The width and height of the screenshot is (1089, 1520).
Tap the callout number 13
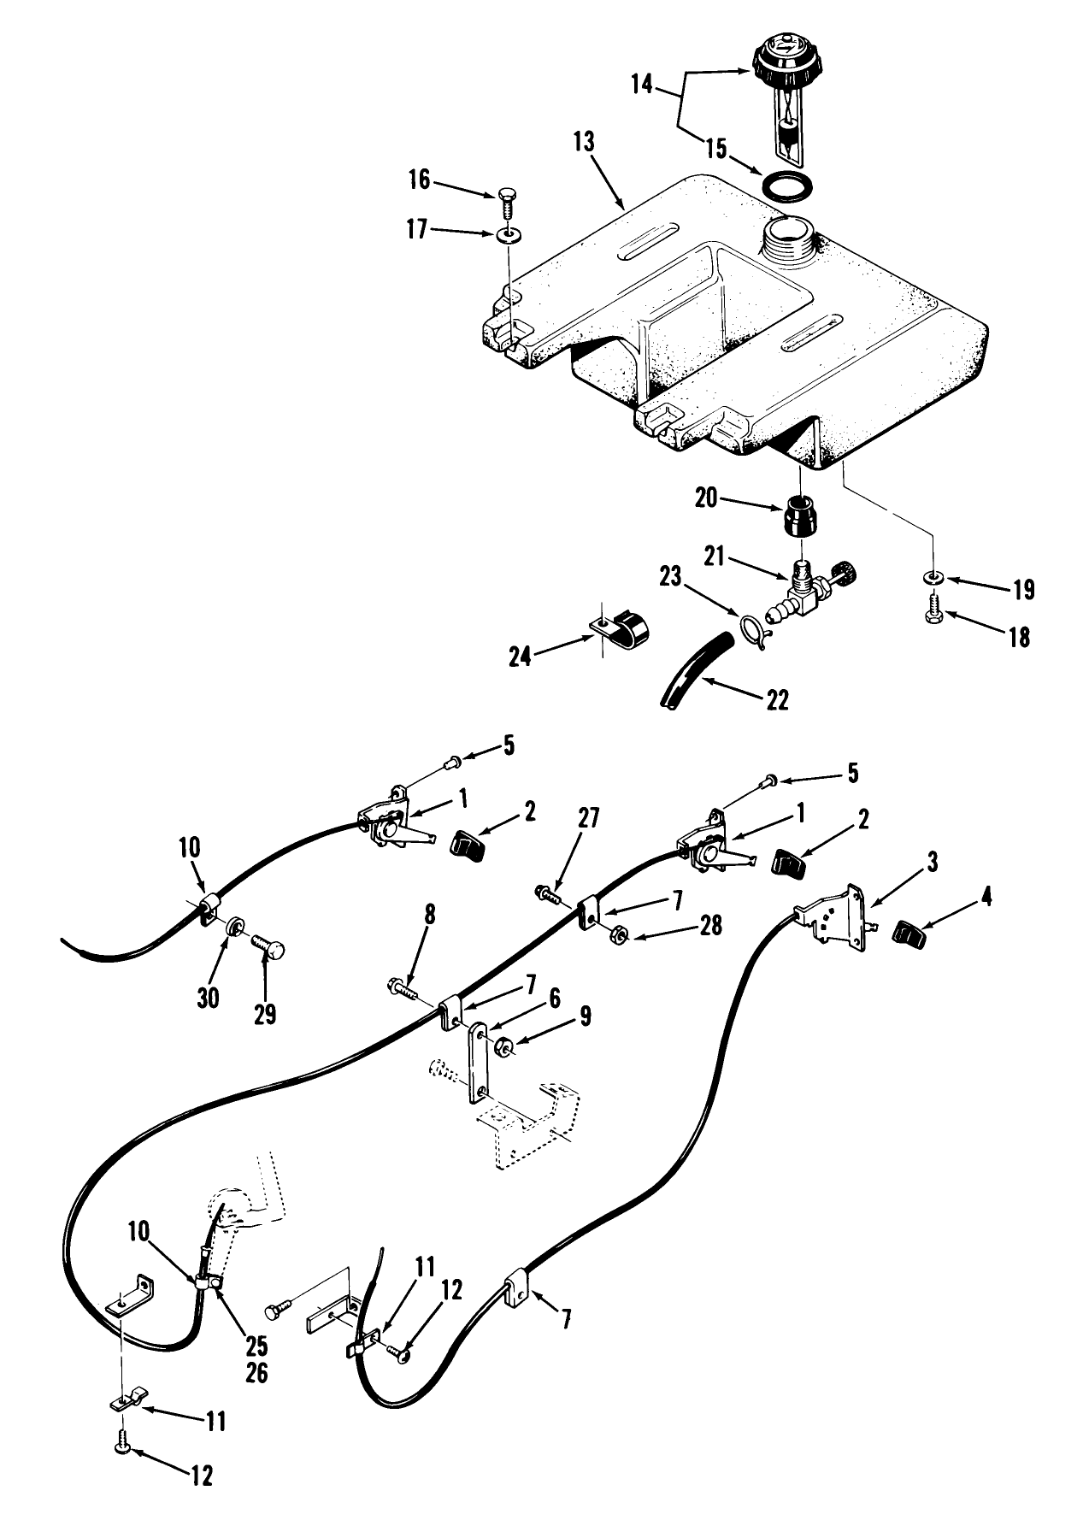coord(583,142)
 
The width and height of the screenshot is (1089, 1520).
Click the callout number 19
coord(1022,590)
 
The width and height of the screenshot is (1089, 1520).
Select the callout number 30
coord(209,997)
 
